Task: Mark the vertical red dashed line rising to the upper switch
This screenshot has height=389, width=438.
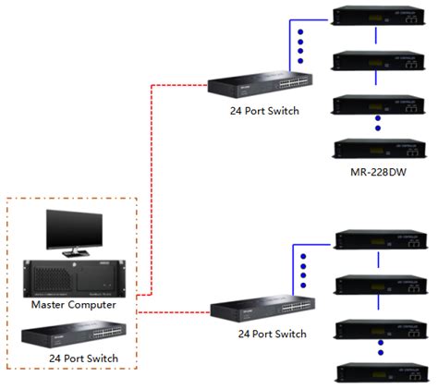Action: point(151,185)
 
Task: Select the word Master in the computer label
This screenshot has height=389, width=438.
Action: point(51,304)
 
